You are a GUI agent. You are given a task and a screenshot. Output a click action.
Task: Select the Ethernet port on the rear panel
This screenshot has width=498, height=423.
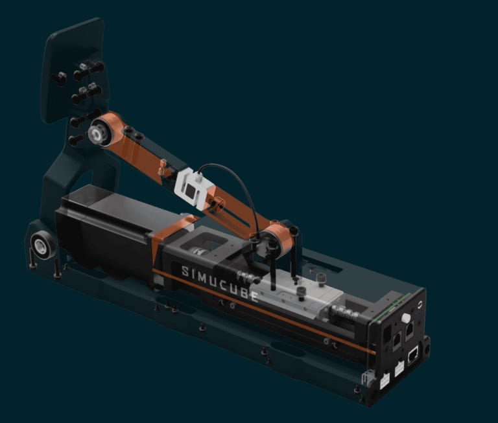[x=413, y=354]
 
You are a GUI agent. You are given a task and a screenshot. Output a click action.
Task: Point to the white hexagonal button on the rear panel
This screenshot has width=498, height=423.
[x=405, y=318]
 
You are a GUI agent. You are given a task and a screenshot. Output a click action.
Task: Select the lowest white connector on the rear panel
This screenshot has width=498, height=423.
[x=385, y=380]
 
